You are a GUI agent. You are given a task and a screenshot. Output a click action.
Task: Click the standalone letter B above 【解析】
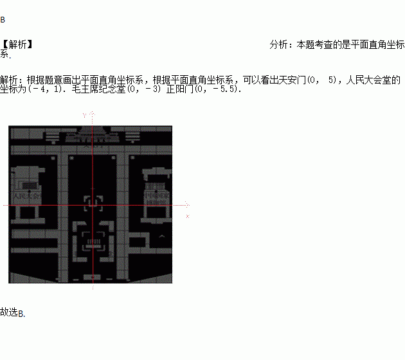tap(3, 20)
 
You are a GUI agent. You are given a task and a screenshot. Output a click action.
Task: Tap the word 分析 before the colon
tap(279, 45)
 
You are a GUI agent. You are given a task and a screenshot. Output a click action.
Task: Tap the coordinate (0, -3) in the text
tap(145, 90)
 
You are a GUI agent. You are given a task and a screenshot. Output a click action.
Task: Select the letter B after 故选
tap(21, 314)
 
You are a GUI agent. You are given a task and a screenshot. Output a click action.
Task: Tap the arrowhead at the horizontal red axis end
tap(187, 206)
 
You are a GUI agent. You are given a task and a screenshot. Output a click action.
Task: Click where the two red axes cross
tap(93, 206)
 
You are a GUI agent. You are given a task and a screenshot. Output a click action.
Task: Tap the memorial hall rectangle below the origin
tap(93, 241)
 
